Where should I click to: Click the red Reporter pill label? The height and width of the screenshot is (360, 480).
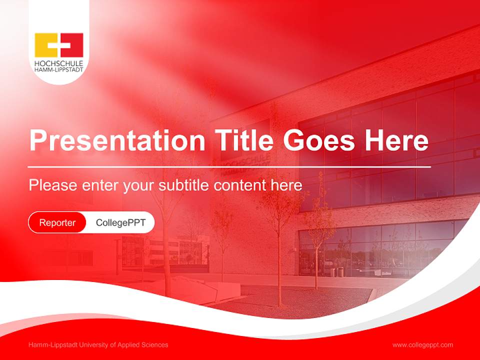point(57,222)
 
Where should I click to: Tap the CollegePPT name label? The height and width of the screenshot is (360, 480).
point(120,222)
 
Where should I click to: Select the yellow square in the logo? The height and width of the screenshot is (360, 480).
point(46,45)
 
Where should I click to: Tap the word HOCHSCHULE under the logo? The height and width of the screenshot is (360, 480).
point(58,64)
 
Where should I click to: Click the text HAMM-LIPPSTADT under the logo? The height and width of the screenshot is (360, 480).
point(58,70)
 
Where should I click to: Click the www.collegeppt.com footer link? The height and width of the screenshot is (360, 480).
point(422,345)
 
